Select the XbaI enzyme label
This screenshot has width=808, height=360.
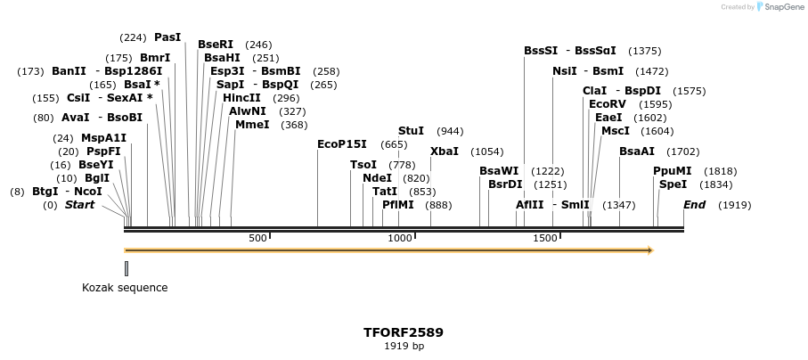(445, 151)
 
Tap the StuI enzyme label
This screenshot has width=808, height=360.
(411, 131)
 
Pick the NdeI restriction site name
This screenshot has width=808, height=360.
(377, 178)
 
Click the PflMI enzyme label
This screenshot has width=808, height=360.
(398, 205)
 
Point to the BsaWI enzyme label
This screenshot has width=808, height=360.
(499, 171)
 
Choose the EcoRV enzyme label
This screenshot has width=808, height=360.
(608, 104)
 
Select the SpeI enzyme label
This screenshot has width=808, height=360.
(673, 184)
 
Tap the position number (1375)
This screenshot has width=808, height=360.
(644, 51)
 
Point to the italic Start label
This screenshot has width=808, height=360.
(79, 205)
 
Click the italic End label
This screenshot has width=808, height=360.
(694, 205)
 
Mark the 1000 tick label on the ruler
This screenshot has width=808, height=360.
(400, 239)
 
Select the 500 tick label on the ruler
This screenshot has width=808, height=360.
(257, 239)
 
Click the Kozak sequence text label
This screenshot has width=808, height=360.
(125, 288)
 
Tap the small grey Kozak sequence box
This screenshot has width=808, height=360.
(127, 268)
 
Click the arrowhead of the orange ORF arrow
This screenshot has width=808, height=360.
(650, 250)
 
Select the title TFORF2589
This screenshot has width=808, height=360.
(404, 332)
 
